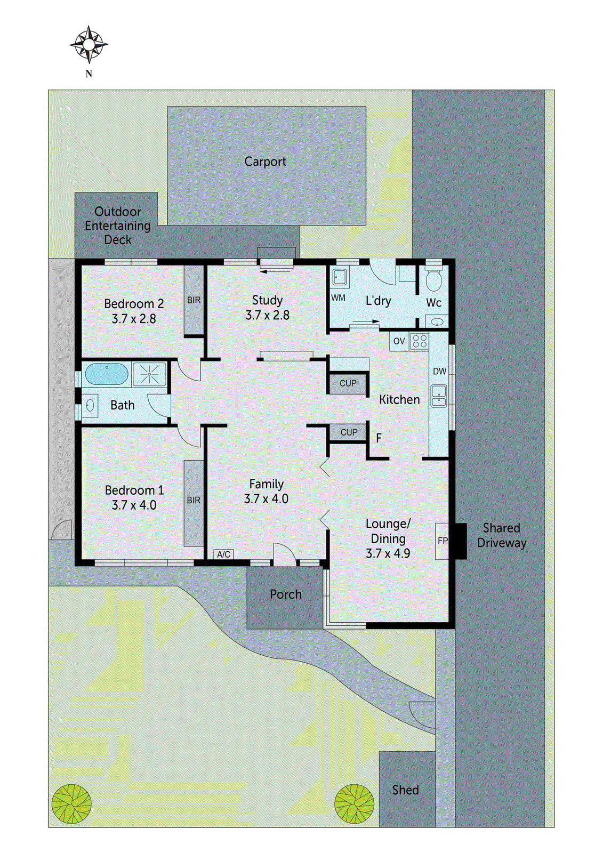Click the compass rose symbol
pos(89,45)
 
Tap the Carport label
pos(265,162)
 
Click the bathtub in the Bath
pos(107,374)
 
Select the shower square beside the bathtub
pos(149,374)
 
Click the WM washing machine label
pos(338,298)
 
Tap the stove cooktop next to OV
pos(420,341)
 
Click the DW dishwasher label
pos(439,372)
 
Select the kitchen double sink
pos(439,396)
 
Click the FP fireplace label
pos(443,541)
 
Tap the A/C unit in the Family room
pos(224,554)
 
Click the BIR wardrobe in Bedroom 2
pos(194,300)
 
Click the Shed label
pos(406,790)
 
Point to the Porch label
pos(286,594)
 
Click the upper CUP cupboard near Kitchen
pos(348,383)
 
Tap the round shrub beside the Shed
pos(354,803)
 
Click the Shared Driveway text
pos(502,535)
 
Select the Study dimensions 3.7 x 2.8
pos(267,316)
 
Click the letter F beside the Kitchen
pos(379,438)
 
